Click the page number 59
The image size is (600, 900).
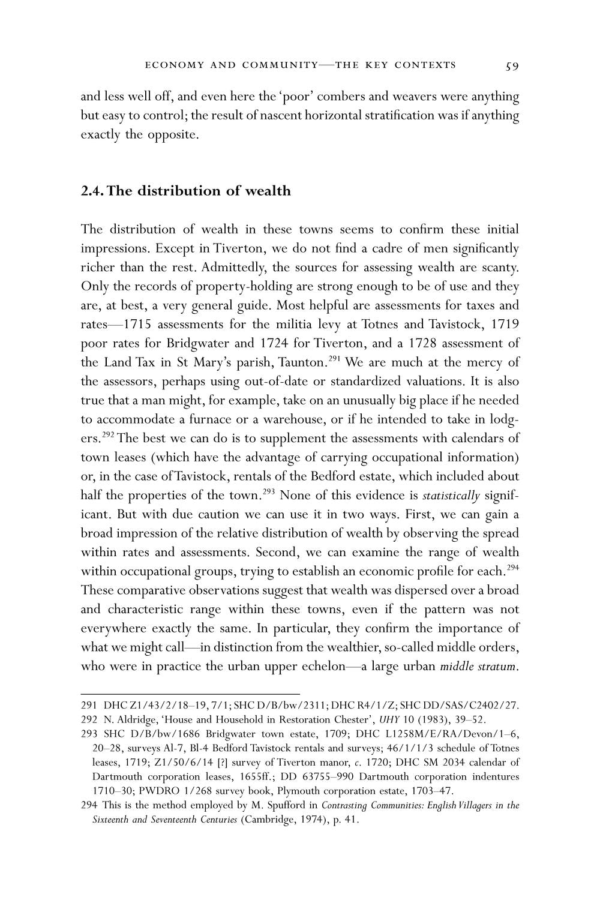pyautogui.click(x=512, y=65)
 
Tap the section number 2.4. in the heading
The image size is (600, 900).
pyautogui.click(x=92, y=191)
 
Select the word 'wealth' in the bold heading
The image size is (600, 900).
pyautogui.click(x=268, y=191)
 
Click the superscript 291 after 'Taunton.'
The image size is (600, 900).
pyautogui.click(x=334, y=359)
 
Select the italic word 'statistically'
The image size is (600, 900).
pyautogui.click(x=451, y=496)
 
